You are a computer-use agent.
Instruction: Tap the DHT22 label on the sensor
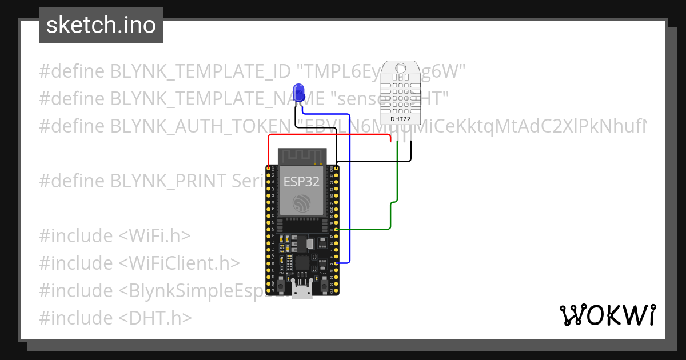click(x=400, y=119)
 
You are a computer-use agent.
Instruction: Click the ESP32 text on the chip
click(x=301, y=182)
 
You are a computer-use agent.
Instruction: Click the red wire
click(x=329, y=136)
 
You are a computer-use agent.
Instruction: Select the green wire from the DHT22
click(x=391, y=217)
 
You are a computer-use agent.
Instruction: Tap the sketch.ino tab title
click(x=101, y=25)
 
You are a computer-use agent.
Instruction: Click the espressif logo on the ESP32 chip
click(x=301, y=203)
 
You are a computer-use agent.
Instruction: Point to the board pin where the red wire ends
click(x=268, y=168)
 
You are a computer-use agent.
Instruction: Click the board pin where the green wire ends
click(x=336, y=229)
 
